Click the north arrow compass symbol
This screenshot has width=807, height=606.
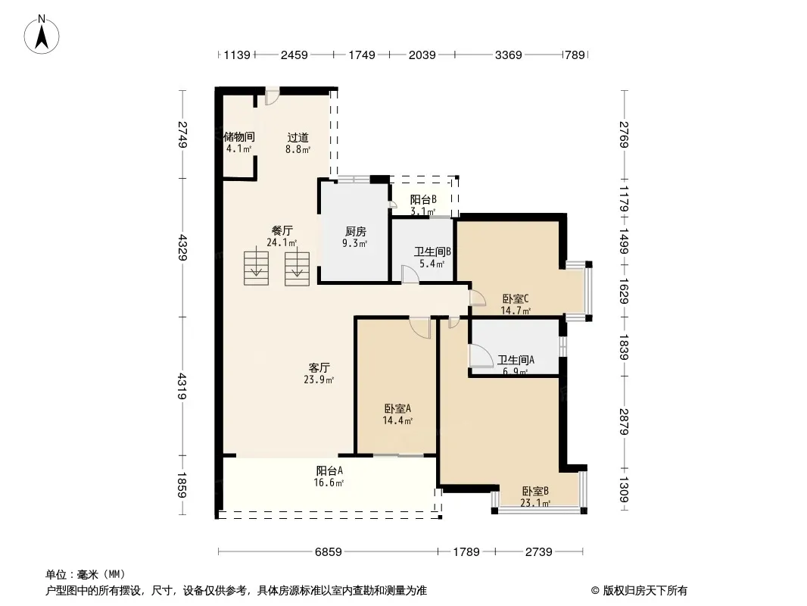(42, 35)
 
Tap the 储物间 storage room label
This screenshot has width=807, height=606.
(238, 137)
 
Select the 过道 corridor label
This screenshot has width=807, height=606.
(298, 137)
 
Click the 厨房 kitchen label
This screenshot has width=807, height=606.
(355, 232)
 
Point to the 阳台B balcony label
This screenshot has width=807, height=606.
(423, 199)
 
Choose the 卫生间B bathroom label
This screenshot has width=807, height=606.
(432, 251)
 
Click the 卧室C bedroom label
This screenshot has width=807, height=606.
(516, 298)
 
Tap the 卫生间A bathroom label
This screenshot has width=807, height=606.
(516, 360)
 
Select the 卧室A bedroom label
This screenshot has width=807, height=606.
(397, 409)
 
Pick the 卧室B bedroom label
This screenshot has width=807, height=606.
(535, 491)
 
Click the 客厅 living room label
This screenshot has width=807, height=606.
(319, 367)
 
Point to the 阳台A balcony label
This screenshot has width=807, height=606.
(329, 470)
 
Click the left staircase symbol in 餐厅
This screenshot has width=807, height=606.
(256, 266)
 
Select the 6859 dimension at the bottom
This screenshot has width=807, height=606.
(329, 552)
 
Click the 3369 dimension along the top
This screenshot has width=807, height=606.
(509, 55)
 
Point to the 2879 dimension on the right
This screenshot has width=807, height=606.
(624, 422)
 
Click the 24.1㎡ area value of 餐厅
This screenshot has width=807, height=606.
(282, 242)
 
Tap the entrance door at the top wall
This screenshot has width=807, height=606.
(272, 95)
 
